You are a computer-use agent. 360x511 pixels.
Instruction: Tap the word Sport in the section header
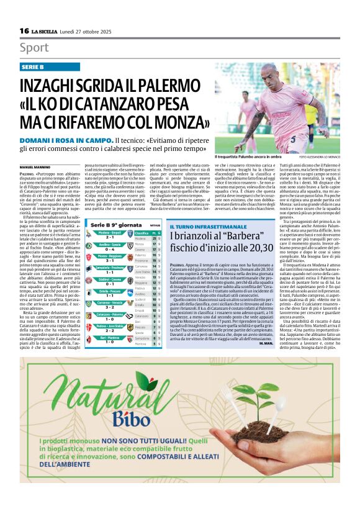tap(35, 48)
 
